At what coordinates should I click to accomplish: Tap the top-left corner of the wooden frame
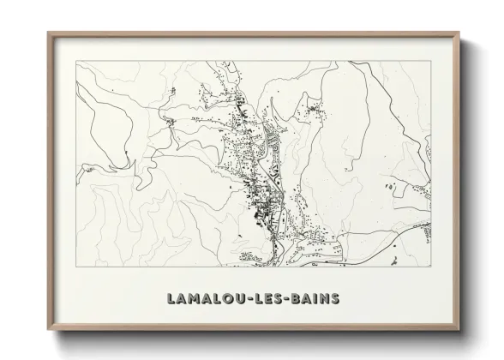[47, 33]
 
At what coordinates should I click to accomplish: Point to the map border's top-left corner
[75, 61]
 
